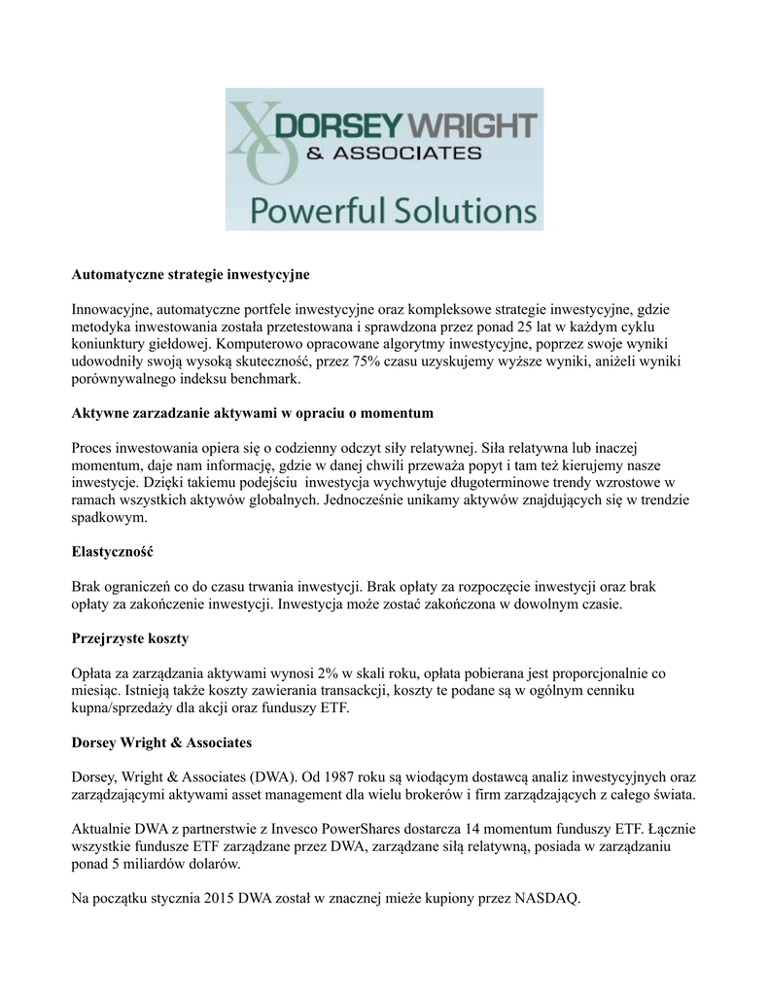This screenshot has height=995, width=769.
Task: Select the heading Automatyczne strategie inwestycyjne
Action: tap(191, 275)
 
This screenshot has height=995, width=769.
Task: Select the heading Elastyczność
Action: tap(113, 552)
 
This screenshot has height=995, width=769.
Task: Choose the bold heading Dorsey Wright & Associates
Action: tap(162, 742)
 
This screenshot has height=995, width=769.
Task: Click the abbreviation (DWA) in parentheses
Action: tap(282, 777)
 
